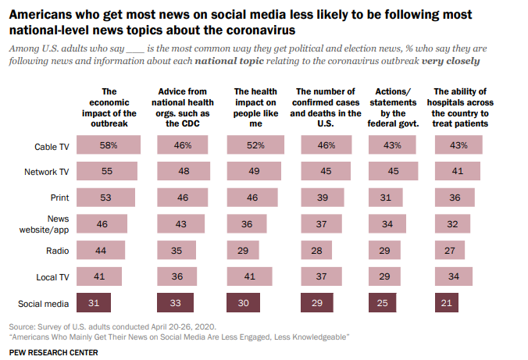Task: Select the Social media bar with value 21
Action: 447,303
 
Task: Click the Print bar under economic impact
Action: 108,198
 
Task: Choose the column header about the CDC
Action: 184,107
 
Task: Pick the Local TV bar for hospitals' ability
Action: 452,276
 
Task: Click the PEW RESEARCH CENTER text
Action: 54,352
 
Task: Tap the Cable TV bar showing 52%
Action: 255,145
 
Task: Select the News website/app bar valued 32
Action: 451,224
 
